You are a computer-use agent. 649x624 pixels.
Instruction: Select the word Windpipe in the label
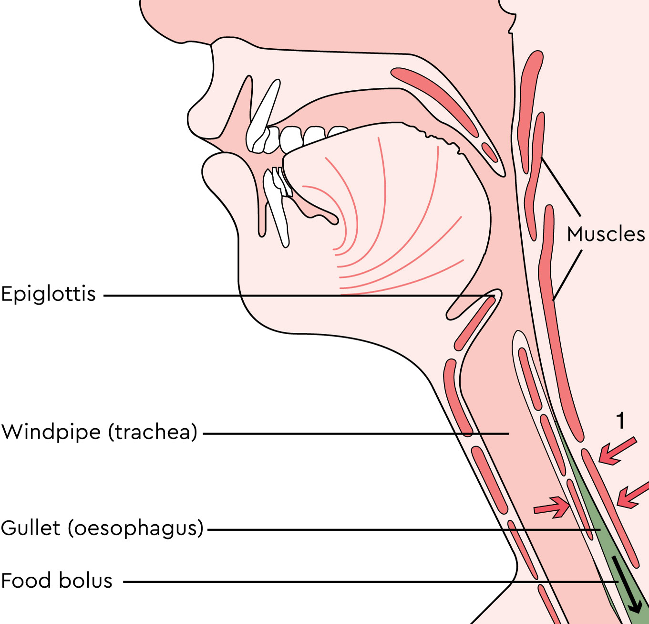51,433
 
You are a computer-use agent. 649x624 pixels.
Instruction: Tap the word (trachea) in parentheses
153,433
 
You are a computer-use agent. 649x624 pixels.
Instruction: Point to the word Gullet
31,528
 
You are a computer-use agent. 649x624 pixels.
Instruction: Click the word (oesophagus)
136,529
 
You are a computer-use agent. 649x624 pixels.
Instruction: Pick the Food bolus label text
57,581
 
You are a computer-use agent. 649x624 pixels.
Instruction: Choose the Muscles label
606,234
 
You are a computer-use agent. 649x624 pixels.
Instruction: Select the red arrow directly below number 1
618,451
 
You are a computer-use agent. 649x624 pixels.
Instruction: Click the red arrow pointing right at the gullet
552,508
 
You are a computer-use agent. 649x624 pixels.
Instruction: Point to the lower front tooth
276,208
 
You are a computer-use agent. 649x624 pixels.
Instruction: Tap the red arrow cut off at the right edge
633,496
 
